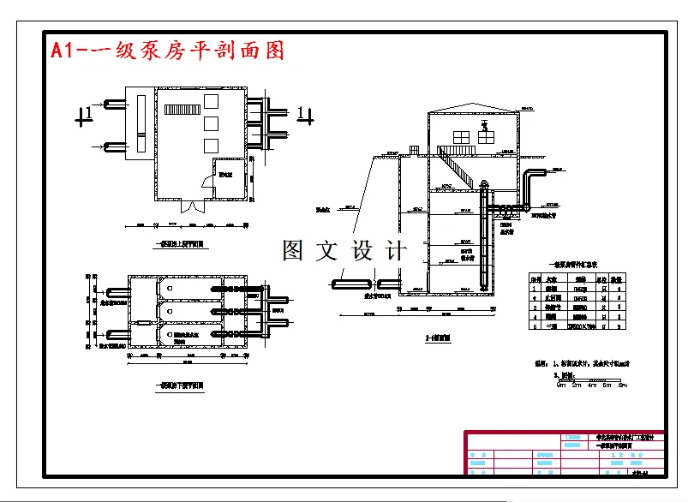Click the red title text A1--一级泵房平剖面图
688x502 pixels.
tap(167, 51)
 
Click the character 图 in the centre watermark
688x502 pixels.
tap(293, 251)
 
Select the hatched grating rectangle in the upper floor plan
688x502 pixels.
tap(182, 110)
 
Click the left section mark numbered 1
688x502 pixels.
tap(85, 115)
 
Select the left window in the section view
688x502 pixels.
tap(461, 136)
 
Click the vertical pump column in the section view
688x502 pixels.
tap(486, 240)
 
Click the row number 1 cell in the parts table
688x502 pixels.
tap(534, 289)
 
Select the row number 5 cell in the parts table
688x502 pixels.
tap(534, 326)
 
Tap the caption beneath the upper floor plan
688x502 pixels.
tap(182, 244)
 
